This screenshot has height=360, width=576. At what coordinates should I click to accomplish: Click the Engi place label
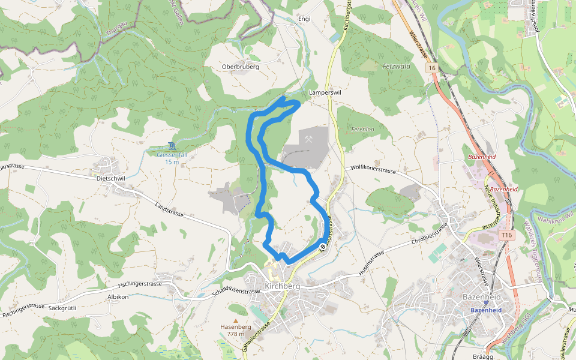coord(304,19)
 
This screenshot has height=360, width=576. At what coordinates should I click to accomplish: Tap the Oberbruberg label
coord(240,67)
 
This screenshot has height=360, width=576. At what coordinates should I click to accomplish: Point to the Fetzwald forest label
coord(396,66)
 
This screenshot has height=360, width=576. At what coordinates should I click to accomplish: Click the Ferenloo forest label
coord(362,129)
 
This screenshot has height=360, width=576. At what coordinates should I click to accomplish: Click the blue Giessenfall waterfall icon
coord(172,146)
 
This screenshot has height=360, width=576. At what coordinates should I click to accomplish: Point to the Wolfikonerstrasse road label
coord(374,170)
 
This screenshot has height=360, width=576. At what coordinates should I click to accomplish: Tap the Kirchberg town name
coord(281,286)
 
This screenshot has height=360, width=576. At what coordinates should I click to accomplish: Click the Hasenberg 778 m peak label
coord(235,330)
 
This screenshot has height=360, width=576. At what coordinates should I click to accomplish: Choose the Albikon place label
coord(118,297)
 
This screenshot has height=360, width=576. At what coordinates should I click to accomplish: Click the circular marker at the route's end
coord(323,246)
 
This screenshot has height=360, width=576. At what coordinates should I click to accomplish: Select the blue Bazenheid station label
coord(485,310)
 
